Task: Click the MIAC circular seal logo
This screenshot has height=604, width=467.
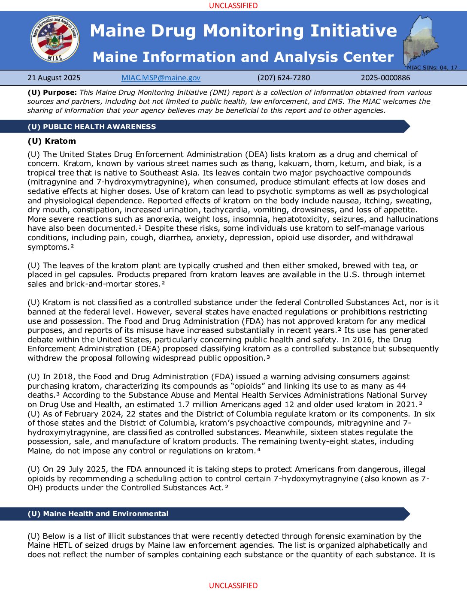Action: [55, 39]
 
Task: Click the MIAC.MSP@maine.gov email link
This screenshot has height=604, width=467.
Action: [161, 78]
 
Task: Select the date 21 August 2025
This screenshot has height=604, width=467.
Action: [54, 78]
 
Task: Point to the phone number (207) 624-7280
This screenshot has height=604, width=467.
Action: [284, 78]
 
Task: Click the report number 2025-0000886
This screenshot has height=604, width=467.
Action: [385, 78]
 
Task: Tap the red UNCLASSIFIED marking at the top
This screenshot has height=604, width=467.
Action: [233, 6]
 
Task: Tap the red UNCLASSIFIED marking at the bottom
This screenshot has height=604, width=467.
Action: [233, 586]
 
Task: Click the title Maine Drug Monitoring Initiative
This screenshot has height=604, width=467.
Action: [243, 31]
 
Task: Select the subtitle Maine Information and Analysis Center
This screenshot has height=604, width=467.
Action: [243, 57]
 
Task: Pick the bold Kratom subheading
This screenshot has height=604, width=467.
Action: [52, 141]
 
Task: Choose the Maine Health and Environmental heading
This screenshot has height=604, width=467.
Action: [98, 513]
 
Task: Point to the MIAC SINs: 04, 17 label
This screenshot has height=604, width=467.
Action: [432, 67]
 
